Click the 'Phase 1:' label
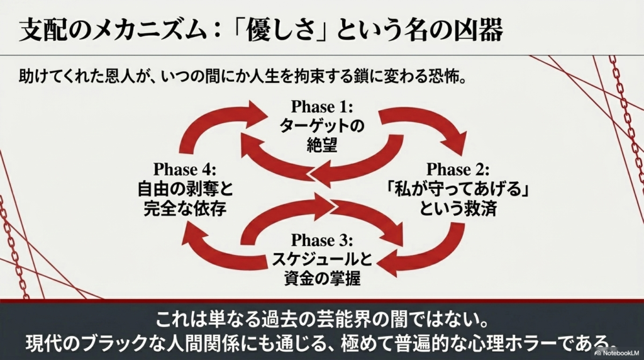tap(322, 107)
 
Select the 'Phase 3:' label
tap(322, 240)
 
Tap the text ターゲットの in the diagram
tap(322, 127)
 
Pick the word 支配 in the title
tap(41, 30)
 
